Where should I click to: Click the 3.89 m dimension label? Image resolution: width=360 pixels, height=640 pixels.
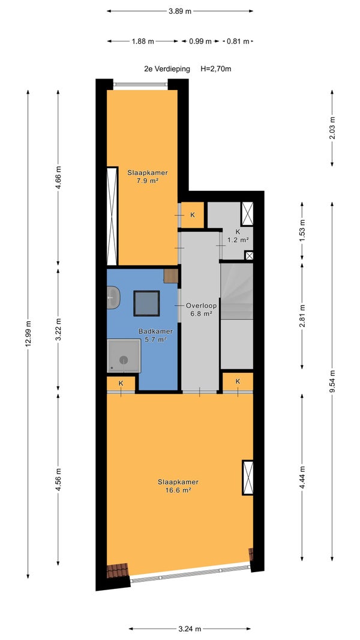click(180, 11)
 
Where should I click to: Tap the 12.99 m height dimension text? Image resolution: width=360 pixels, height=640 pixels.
click(28, 333)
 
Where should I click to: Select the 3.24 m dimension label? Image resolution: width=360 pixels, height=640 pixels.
click(190, 629)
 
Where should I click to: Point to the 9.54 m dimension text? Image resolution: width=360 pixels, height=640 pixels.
click(332, 382)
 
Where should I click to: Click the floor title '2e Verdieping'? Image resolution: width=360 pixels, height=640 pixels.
click(167, 69)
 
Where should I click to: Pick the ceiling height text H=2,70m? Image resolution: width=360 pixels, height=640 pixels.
click(215, 69)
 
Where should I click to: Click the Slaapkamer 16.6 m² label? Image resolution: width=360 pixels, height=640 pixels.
click(178, 486)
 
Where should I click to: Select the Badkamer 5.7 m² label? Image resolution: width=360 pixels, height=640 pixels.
click(155, 335)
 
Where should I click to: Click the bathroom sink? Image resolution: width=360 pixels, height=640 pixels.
click(113, 297)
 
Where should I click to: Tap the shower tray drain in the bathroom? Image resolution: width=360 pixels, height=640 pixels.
click(124, 360)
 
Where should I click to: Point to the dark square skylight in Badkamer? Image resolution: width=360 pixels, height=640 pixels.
click(146, 303)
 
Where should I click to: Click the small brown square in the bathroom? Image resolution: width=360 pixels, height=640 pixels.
click(171, 276)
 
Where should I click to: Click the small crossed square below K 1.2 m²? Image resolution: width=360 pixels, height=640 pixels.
click(248, 256)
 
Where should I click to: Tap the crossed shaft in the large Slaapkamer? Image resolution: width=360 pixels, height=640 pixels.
click(247, 477)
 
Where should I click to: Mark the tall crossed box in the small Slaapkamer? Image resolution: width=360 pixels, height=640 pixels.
click(112, 216)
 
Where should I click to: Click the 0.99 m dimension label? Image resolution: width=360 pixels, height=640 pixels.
click(200, 41)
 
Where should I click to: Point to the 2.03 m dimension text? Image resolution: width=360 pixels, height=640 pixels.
click(332, 128)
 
